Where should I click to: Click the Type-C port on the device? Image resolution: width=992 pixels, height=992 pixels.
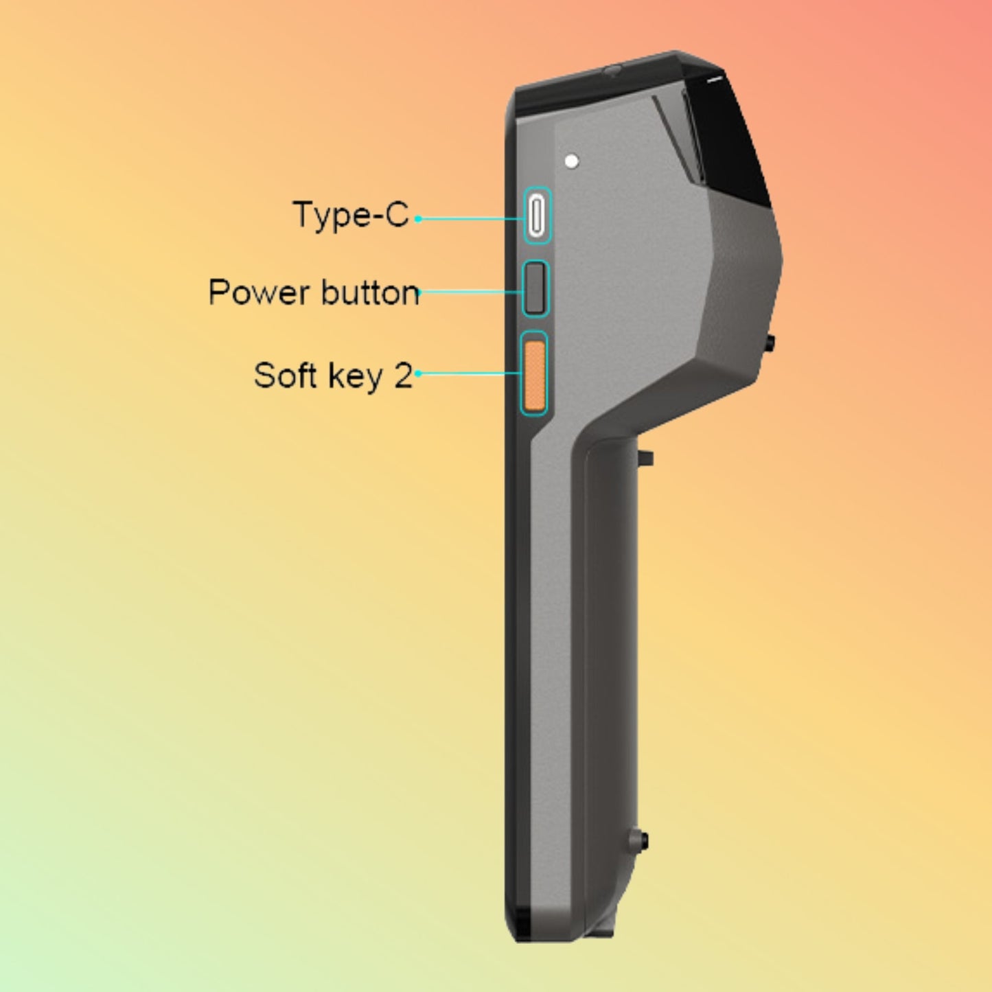(x=537, y=215)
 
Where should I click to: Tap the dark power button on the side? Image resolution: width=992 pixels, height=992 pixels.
(x=536, y=288)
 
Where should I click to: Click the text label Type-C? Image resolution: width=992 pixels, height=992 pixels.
(x=350, y=215)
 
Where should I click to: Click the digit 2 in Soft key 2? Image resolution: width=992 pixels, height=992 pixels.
(x=403, y=376)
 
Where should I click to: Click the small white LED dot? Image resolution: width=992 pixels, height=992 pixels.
(x=571, y=162)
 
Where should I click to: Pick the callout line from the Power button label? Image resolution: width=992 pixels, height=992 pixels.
(x=474, y=292)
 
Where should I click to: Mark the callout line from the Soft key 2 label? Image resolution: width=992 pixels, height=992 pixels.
(x=470, y=373)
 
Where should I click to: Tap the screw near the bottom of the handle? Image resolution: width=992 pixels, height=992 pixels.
(x=641, y=840)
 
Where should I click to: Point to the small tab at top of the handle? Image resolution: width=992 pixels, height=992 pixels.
(x=647, y=457)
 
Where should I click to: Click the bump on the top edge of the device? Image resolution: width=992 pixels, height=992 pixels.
(x=611, y=69)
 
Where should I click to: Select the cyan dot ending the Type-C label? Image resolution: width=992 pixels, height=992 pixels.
(x=417, y=219)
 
